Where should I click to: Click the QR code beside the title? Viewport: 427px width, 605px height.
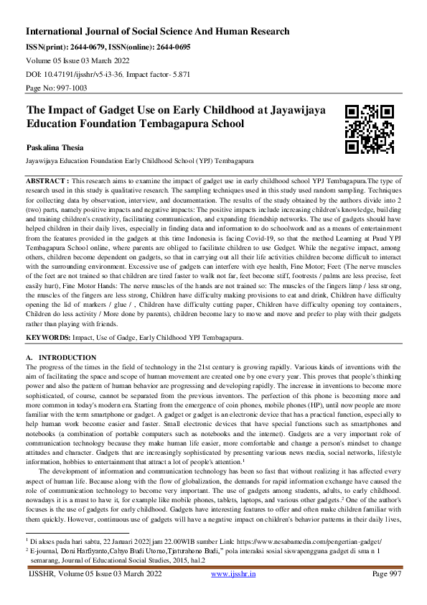tap(370, 130)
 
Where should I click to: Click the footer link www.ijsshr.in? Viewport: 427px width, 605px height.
tap(235, 593)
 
